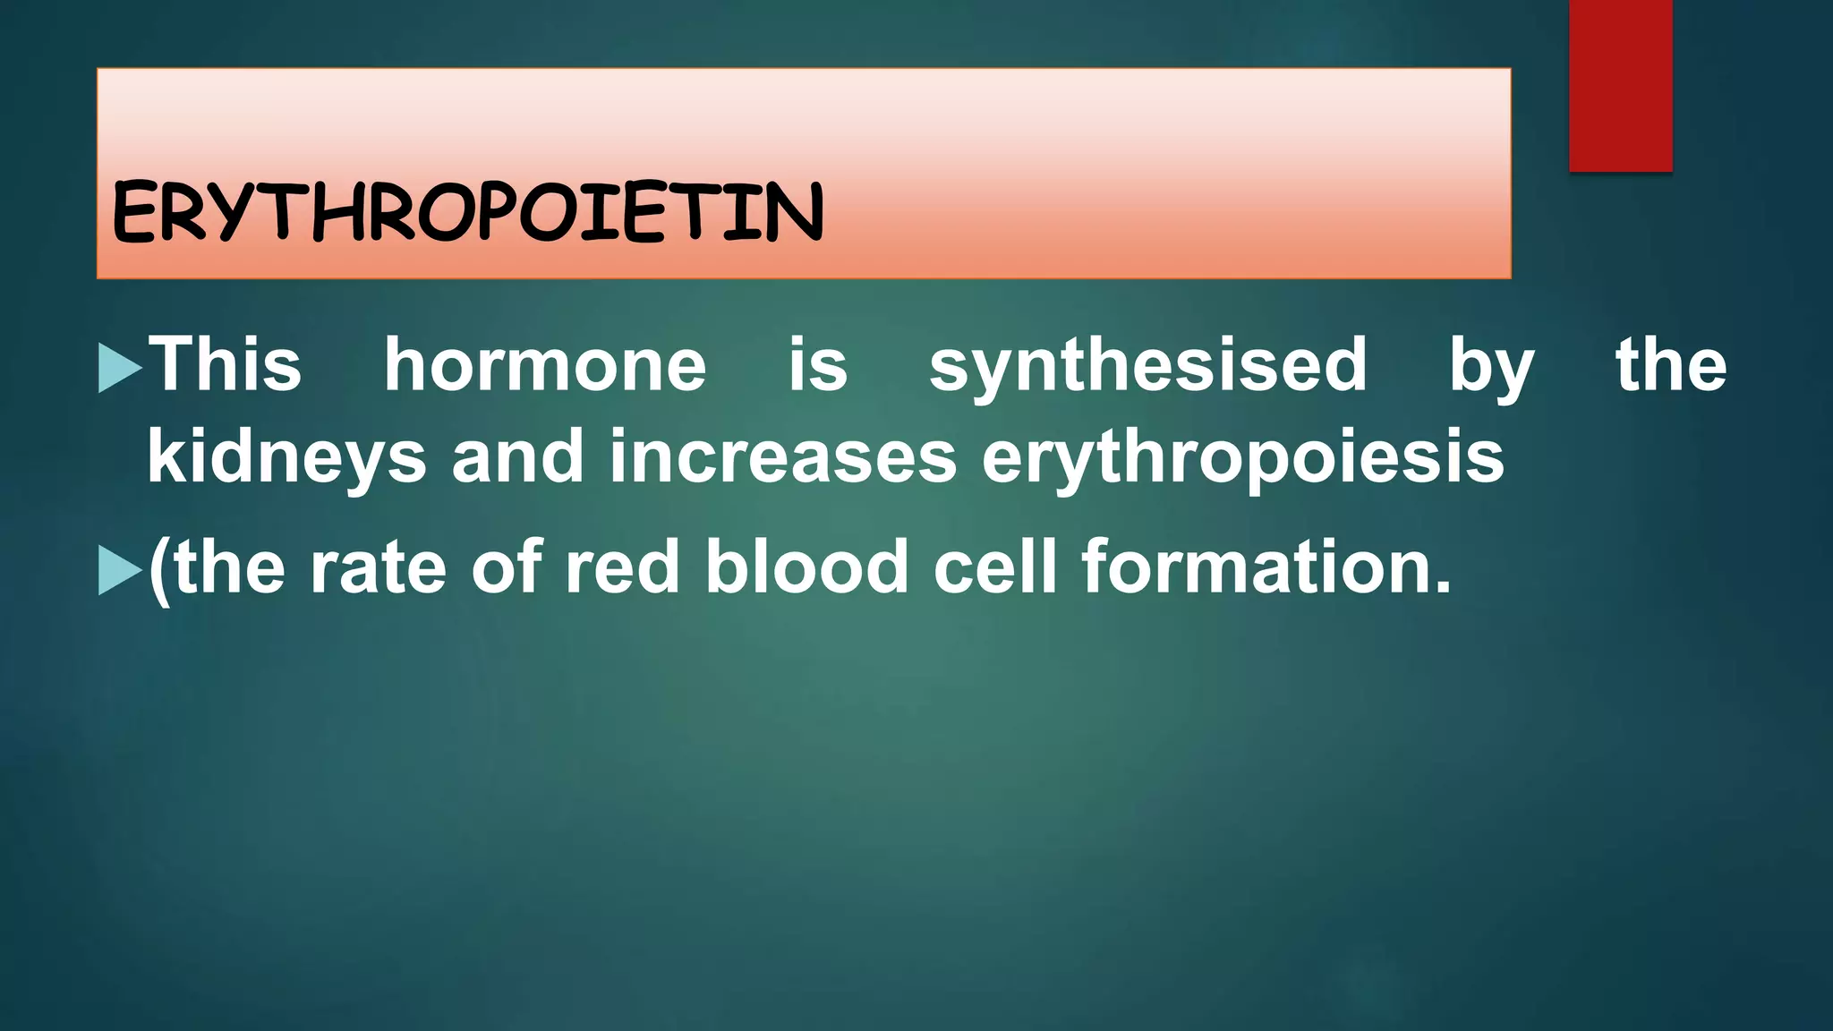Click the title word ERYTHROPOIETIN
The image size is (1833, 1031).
467,211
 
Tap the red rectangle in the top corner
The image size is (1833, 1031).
1620,85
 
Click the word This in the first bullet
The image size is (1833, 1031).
225,364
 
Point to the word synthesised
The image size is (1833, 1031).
1148,366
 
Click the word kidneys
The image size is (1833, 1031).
287,457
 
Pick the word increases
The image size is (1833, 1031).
783,456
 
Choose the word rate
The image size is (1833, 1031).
378,567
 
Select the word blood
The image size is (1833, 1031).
807,567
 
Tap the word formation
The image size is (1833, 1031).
1266,567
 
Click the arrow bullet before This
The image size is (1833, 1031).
119,367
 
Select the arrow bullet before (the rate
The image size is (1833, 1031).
119,570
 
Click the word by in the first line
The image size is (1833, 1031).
1491,366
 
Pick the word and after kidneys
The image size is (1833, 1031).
518,456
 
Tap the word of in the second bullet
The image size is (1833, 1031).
507,567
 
